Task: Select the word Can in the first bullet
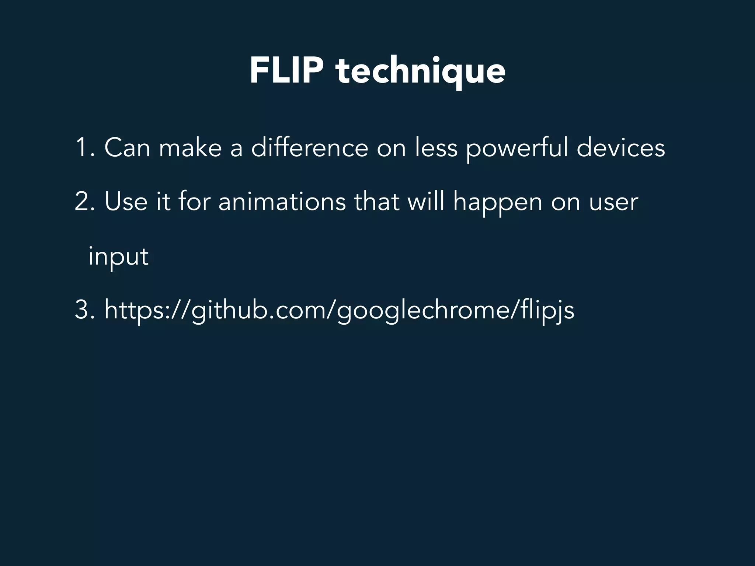tap(127, 148)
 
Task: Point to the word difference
tap(309, 148)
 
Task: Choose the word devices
tap(620, 148)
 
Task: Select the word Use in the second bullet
tap(126, 202)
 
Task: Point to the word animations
tap(282, 202)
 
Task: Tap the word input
tap(118, 257)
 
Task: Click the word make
tap(190, 148)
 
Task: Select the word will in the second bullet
tap(425, 202)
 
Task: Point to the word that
tap(376, 202)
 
